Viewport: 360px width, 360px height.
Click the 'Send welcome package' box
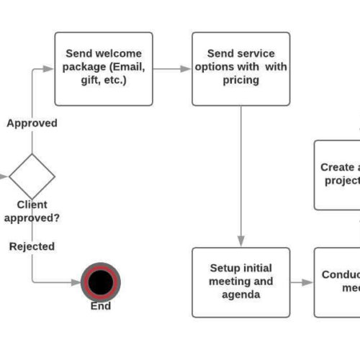coord(104,68)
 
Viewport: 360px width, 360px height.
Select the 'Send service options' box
coord(240,68)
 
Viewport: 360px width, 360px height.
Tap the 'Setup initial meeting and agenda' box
coord(240,282)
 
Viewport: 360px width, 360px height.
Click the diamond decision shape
coord(32,176)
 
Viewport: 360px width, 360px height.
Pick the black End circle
coord(100,282)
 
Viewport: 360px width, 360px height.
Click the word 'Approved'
coord(32,123)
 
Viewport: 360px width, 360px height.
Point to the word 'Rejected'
coord(32,246)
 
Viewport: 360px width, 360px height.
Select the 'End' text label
coord(100,306)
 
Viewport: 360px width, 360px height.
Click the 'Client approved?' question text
coord(32,211)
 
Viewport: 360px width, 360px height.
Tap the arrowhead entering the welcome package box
coord(50,69)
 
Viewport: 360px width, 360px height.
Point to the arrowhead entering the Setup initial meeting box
coord(240,242)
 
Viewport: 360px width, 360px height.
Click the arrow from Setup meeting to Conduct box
coord(302,282)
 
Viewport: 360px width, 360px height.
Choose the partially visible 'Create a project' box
coord(338,174)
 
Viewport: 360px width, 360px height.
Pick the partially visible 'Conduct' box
coord(338,282)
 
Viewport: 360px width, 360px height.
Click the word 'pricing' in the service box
coord(240,80)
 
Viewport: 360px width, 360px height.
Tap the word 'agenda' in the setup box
coord(240,294)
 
